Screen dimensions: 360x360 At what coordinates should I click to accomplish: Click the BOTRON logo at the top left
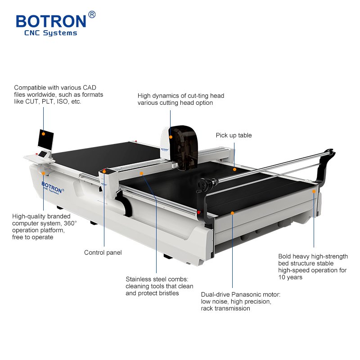click(51, 21)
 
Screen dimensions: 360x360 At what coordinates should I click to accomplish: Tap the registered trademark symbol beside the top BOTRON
click(92, 14)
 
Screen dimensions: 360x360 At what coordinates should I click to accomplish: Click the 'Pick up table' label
click(234, 135)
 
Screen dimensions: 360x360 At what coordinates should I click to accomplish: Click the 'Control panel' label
click(103, 252)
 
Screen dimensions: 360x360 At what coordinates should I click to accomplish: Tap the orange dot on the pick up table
click(234, 170)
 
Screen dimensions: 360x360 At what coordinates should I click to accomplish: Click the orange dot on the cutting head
click(171, 136)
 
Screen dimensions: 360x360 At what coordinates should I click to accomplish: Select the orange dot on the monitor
click(43, 133)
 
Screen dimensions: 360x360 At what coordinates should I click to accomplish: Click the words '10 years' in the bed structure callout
click(290, 277)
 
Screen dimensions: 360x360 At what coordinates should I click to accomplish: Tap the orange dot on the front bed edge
click(232, 212)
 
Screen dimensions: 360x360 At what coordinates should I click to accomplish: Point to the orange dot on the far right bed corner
click(314, 191)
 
